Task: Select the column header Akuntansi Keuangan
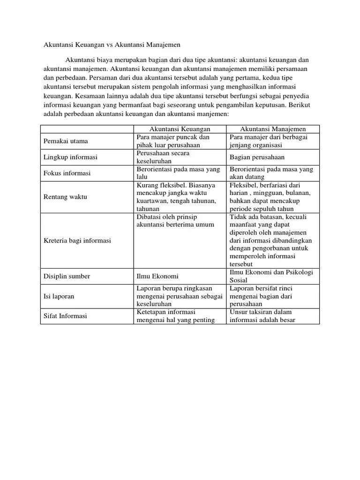tap(180, 129)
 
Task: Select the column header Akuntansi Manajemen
tap(273, 129)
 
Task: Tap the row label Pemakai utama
tap(66, 141)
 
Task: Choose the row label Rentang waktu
tap(65, 197)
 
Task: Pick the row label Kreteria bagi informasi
tap(77, 240)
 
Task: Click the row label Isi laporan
tap(59, 296)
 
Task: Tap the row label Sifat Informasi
tap(65, 316)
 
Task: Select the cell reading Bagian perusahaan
tap(257, 157)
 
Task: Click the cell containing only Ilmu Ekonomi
tap(157, 276)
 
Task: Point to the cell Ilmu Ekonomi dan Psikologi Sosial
tap(271, 276)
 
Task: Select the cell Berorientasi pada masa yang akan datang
tap(271, 173)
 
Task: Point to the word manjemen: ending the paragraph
tap(212, 114)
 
